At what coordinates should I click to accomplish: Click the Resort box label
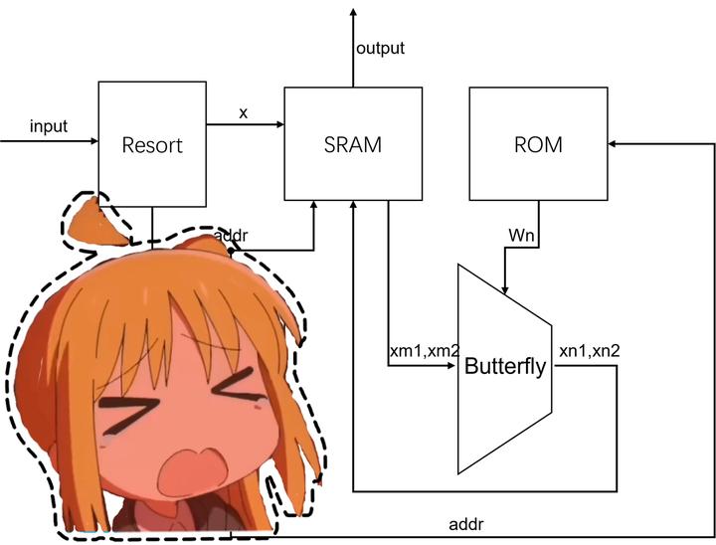[x=152, y=145]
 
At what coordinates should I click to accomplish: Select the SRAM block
[x=353, y=144]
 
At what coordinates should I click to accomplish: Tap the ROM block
[x=538, y=144]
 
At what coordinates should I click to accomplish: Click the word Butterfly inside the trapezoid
[x=505, y=367]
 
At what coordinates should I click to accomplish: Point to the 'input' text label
[x=49, y=126]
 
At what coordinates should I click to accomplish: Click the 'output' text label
[x=380, y=48]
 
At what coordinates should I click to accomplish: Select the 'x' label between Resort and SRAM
[x=244, y=112]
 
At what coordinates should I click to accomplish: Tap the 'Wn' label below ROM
[x=521, y=235]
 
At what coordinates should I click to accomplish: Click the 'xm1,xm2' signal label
[x=425, y=351]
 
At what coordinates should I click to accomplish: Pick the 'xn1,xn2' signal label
[x=593, y=351]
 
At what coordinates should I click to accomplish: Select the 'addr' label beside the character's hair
[x=232, y=236]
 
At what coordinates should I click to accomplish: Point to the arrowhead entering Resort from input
[x=91, y=141]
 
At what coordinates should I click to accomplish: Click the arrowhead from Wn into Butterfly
[x=506, y=289]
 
